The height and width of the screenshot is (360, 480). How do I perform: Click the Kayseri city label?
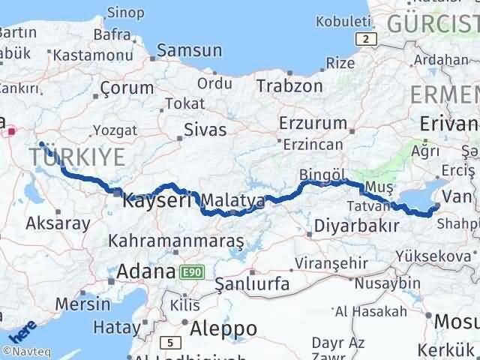coord(157,201)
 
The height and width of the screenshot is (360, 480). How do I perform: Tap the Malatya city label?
coord(233,201)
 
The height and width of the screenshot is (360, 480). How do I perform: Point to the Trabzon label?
coord(289,85)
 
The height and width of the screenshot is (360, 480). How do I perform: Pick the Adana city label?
coord(145,271)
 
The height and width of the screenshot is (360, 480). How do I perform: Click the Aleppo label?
coord(223,328)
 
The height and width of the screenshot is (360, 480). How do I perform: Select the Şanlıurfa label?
coord(252,284)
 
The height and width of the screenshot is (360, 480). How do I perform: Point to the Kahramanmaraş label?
coord(176,241)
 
